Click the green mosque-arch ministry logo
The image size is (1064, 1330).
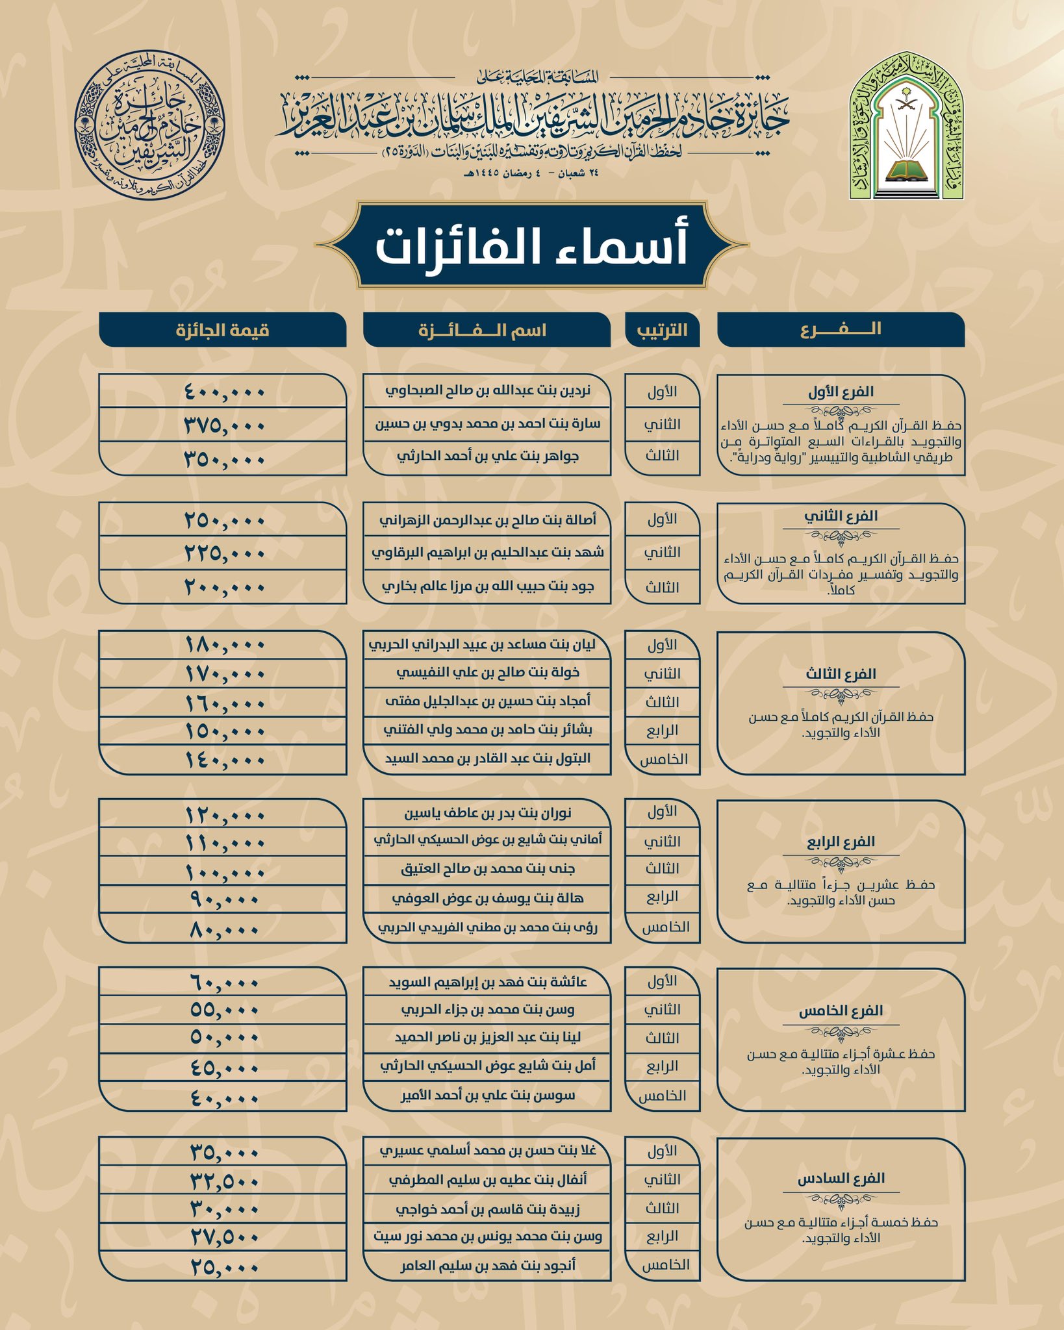click(x=907, y=127)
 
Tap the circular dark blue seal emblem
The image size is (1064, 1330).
click(x=149, y=127)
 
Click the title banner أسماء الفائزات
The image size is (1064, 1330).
click(x=532, y=245)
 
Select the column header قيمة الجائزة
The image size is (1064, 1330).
click(x=223, y=330)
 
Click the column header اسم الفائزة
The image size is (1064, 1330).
click(x=487, y=330)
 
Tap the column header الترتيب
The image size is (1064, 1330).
click(x=662, y=330)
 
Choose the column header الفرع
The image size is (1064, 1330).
click(x=841, y=330)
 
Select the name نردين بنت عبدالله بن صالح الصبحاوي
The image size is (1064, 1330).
click(x=487, y=392)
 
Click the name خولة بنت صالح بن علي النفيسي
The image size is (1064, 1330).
click(x=487, y=673)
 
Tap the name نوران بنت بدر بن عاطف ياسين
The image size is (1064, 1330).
click(x=487, y=813)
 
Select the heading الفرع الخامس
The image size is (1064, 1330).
click(x=841, y=1011)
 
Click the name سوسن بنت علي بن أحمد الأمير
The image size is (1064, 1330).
click(x=487, y=1096)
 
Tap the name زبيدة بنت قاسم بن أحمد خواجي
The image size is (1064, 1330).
click(x=487, y=1209)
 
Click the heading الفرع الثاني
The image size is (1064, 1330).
click(x=841, y=516)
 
